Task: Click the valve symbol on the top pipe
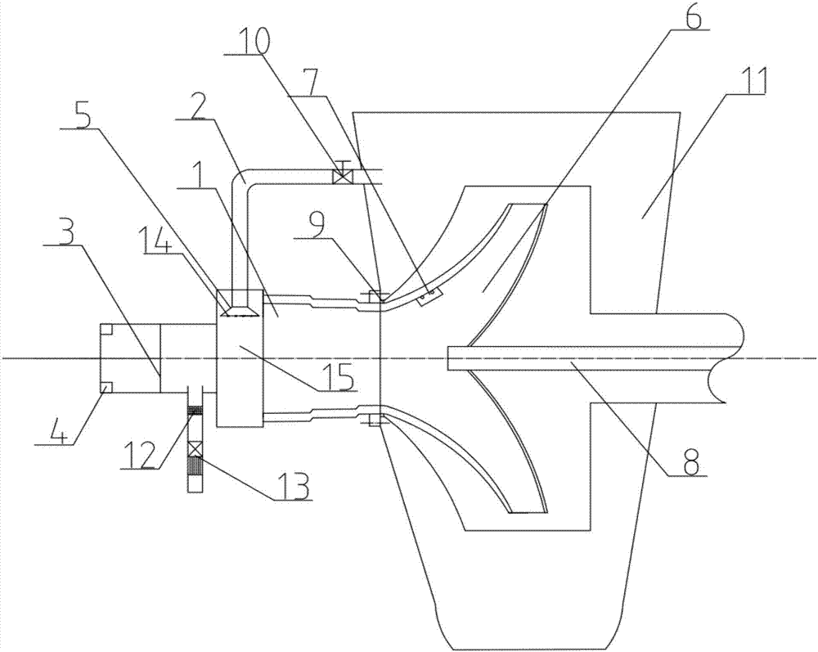click(x=342, y=177)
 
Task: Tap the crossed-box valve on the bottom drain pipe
click(x=196, y=450)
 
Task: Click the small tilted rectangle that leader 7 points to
click(x=428, y=296)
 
